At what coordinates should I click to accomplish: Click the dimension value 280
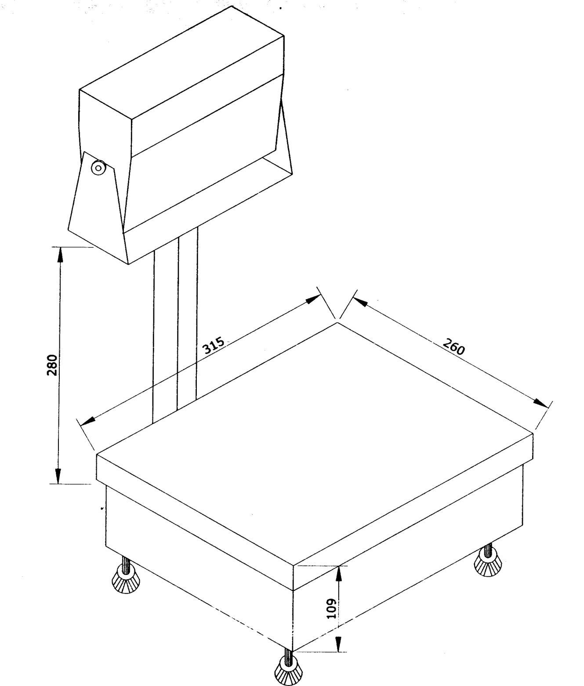[x=52, y=365]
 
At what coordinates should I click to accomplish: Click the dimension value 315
[x=214, y=345]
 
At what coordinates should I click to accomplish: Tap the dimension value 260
[x=454, y=347]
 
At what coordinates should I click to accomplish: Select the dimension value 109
[x=331, y=608]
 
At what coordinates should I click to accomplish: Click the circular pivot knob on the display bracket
[x=98, y=168]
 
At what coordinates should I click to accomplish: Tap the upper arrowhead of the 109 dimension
[x=339, y=574]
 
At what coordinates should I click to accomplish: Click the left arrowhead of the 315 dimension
[x=87, y=422]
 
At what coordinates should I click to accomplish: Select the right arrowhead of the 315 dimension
[x=313, y=300]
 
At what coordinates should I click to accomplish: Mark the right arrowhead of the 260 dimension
[x=541, y=403]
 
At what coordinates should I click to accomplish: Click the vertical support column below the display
[x=175, y=327]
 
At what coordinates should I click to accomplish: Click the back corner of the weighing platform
[x=337, y=322]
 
